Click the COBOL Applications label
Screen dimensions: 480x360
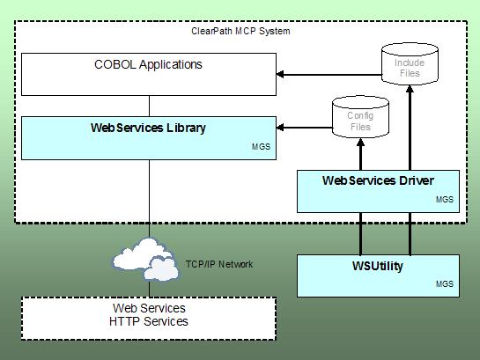click(x=148, y=64)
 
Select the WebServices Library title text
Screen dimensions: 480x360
click(x=148, y=128)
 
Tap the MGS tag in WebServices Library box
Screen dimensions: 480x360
click(x=261, y=147)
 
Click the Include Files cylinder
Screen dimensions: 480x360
click(x=410, y=64)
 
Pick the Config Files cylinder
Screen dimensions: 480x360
click(x=360, y=117)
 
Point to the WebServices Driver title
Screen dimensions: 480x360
click(x=378, y=180)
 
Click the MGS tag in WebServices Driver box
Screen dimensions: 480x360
click(x=445, y=200)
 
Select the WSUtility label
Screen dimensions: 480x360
click(x=378, y=266)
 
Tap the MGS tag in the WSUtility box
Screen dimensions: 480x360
click(x=445, y=283)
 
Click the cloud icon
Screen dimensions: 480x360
click(x=146, y=260)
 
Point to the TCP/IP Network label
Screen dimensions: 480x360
click(x=219, y=264)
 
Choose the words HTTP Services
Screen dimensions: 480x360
click(x=149, y=321)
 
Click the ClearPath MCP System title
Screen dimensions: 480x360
click(x=240, y=31)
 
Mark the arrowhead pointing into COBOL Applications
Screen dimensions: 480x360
click(x=280, y=74)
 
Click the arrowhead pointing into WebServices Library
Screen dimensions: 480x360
click(x=280, y=128)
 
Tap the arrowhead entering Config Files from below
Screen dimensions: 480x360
click(x=360, y=142)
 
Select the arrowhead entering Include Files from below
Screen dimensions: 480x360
click(x=410, y=89)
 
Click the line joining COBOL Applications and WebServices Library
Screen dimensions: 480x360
click(x=149, y=107)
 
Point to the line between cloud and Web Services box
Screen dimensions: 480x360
click(x=150, y=289)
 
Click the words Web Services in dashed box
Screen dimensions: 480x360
click(x=149, y=308)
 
